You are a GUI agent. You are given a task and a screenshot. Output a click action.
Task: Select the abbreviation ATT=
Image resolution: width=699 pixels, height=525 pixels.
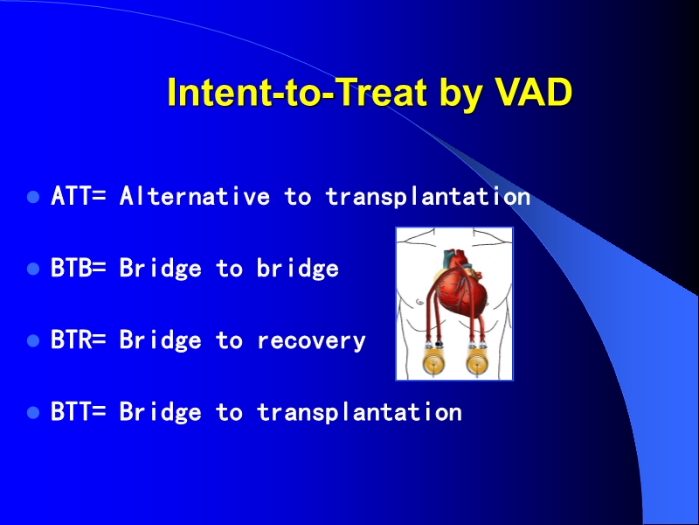(x=79, y=197)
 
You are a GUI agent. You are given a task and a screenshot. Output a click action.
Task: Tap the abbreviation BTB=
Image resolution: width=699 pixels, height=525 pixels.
(x=79, y=269)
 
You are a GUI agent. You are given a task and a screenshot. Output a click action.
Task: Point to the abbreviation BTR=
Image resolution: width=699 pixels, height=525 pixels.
(x=79, y=340)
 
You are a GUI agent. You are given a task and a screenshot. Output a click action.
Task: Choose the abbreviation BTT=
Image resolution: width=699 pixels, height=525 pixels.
(x=79, y=412)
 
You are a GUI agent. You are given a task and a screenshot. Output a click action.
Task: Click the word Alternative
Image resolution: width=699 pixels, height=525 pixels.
(x=195, y=197)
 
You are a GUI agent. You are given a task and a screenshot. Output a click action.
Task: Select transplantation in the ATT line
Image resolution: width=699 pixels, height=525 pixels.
(x=428, y=197)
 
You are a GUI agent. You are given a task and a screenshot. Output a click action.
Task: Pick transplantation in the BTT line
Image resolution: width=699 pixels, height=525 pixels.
(x=359, y=412)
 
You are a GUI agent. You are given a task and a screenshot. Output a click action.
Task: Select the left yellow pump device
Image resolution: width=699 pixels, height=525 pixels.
(x=430, y=361)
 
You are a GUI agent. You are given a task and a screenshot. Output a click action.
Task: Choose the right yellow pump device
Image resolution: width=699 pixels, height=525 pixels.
(x=477, y=361)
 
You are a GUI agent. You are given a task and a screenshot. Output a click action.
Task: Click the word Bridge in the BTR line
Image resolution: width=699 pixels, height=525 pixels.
(x=161, y=340)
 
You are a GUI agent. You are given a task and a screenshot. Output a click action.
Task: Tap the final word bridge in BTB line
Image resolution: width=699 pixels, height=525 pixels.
(x=297, y=269)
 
